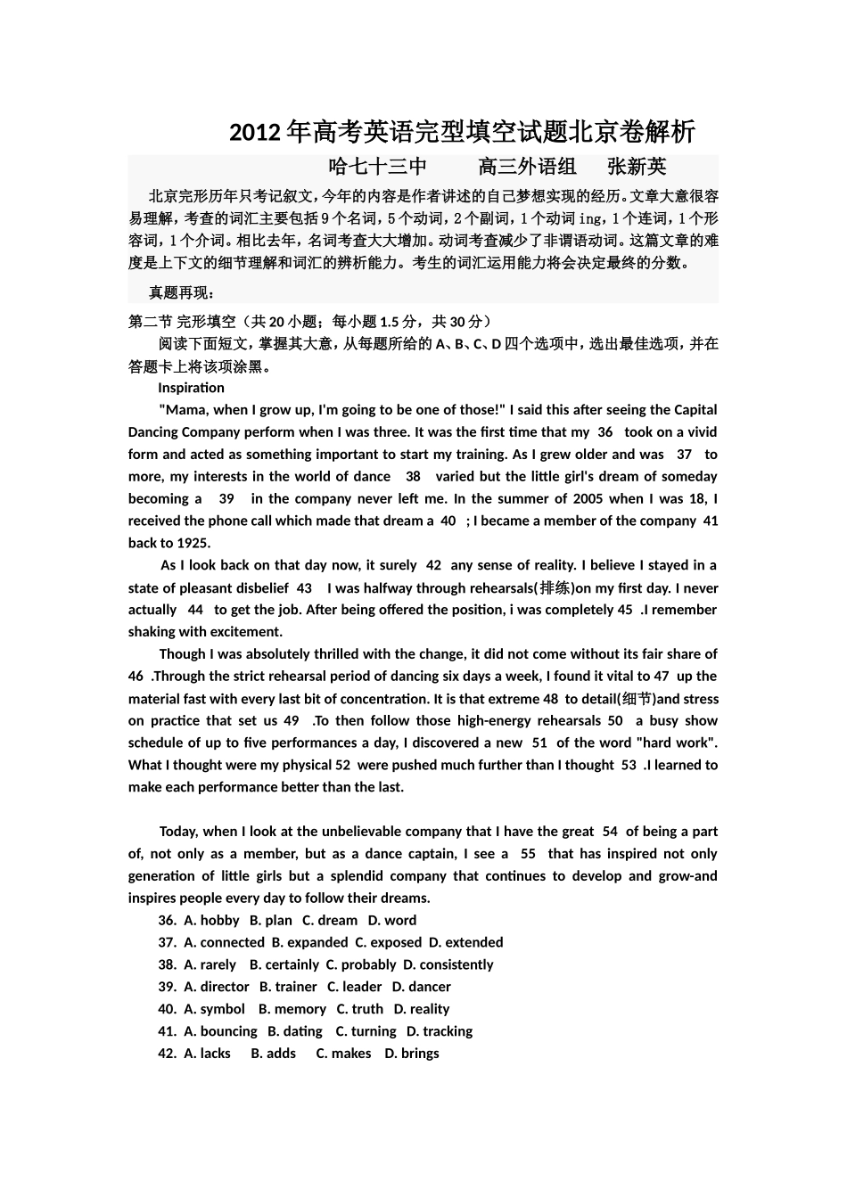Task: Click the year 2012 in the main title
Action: click(x=255, y=133)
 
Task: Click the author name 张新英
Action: click(x=637, y=167)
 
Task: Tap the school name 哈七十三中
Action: click(x=378, y=167)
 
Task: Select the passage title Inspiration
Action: click(x=191, y=388)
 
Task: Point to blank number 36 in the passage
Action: click(x=604, y=432)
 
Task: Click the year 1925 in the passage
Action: click(x=193, y=543)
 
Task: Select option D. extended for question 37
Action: click(x=465, y=942)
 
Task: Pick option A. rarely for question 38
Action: click(x=210, y=964)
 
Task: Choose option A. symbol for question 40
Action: click(x=214, y=1009)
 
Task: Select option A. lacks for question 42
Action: click(x=207, y=1054)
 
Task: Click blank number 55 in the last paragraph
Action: click(x=528, y=854)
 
